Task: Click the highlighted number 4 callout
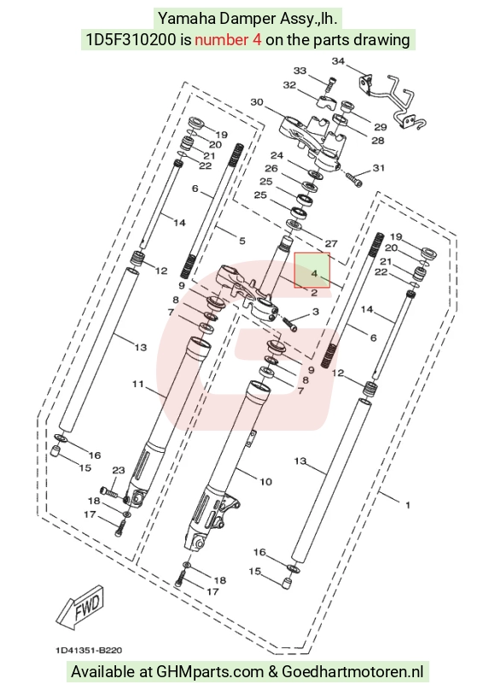tap(314, 274)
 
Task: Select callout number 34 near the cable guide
tap(338, 61)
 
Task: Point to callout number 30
tap(257, 102)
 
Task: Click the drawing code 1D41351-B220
tap(89, 651)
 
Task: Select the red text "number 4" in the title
tap(228, 40)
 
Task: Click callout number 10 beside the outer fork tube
tap(265, 481)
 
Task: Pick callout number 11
tap(138, 384)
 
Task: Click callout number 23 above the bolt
tap(119, 471)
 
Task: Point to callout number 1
tap(408, 505)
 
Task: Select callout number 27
tap(331, 243)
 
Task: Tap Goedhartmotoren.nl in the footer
tap(352, 672)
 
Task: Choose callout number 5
tap(242, 241)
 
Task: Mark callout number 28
tap(378, 141)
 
